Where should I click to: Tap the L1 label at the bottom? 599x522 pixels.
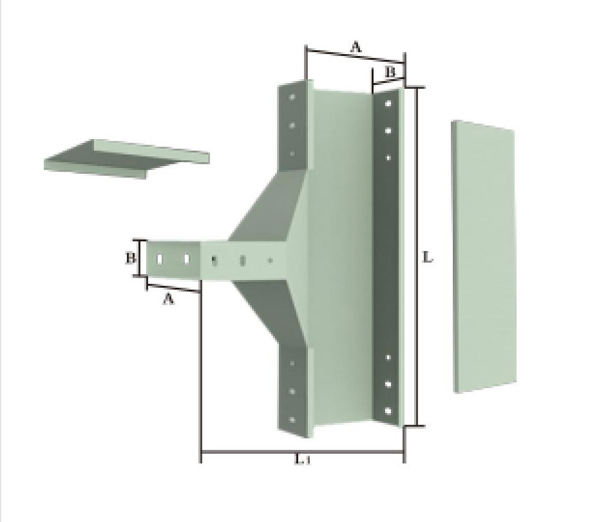(303, 460)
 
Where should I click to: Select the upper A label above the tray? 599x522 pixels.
(356, 48)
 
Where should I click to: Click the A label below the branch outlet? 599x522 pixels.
(169, 298)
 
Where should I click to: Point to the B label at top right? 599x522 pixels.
(389, 72)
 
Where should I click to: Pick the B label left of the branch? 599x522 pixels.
(131, 259)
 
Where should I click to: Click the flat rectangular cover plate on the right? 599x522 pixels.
(484, 257)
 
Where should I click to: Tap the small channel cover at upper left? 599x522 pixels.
(126, 159)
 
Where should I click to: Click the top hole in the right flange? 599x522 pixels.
(388, 103)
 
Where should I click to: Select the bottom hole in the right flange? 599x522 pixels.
(388, 411)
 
